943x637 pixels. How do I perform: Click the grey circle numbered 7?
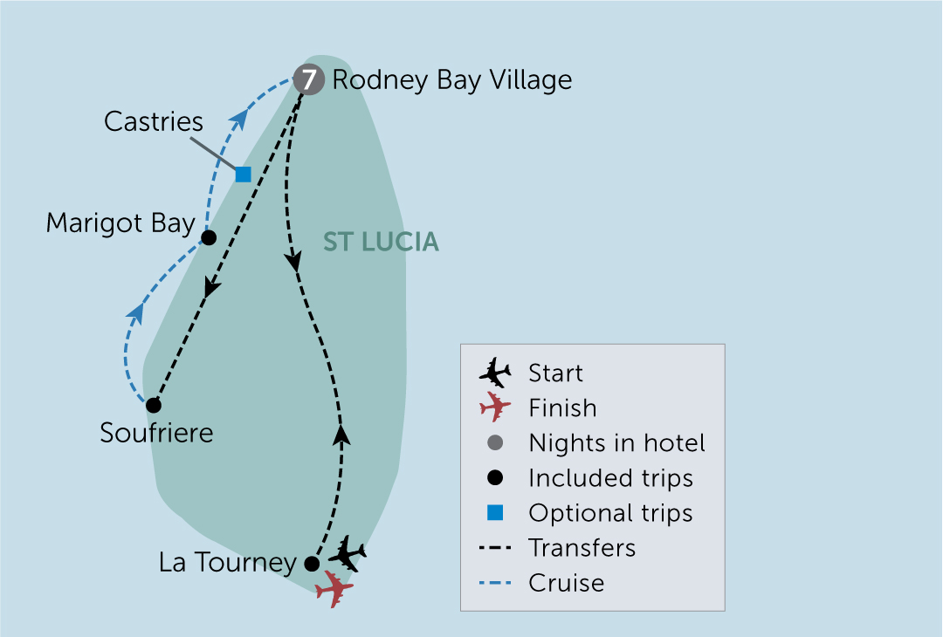pos(307,80)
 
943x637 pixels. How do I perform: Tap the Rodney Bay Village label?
pos(452,80)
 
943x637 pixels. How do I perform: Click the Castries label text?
pos(154,121)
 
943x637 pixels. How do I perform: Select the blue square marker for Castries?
pos(243,175)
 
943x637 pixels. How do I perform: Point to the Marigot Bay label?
pos(120,223)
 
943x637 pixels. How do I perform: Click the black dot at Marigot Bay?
pos(209,237)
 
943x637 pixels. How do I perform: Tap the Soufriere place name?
pos(156,433)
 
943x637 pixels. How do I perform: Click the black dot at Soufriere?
pos(154,405)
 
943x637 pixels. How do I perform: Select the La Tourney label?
pos(228,563)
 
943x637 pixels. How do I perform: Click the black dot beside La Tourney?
pos(312,564)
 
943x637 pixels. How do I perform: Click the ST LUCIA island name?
pos(381,243)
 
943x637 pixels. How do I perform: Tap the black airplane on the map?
pos(348,553)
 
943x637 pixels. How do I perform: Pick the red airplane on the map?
pos(334,588)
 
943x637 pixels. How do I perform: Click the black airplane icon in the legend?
pos(495,373)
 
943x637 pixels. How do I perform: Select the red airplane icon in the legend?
pos(495,408)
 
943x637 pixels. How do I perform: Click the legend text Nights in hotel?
pos(616,443)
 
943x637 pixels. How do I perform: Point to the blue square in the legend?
pos(495,513)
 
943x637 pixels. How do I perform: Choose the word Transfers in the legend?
pos(582,548)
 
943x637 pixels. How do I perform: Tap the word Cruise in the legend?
pos(566,583)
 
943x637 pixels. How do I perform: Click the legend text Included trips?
pos(610,478)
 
